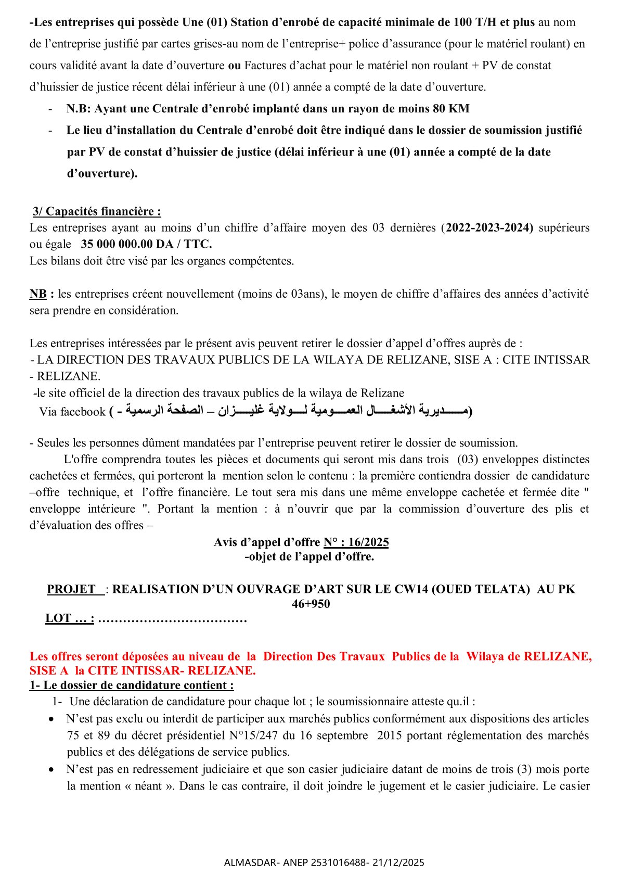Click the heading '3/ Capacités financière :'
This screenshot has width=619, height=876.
(97, 211)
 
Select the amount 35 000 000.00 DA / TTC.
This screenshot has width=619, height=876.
(146, 244)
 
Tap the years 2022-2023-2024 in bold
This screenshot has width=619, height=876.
(489, 227)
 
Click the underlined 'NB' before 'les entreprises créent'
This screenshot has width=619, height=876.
(38, 294)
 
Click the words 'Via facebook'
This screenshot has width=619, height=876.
(72, 412)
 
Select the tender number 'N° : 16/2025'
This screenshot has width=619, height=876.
(356, 542)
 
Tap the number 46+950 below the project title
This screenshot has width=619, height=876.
(311, 604)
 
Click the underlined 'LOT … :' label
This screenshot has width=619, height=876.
(70, 618)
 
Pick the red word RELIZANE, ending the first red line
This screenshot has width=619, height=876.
(558, 656)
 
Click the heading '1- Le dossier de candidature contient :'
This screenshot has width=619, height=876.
(132, 685)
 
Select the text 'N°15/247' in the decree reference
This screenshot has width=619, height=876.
(252, 735)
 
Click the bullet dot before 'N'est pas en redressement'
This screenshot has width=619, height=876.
(51, 769)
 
